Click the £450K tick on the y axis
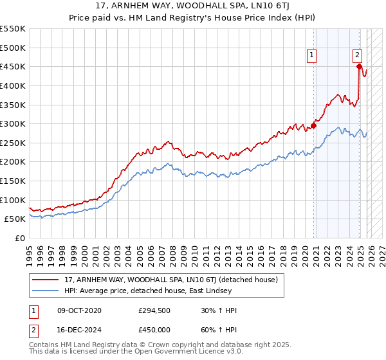13,67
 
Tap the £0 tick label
20,238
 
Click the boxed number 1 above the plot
312,56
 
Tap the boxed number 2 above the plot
357,56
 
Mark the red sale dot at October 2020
314,126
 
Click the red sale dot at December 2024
359,66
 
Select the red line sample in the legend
46,280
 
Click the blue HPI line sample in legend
46,291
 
